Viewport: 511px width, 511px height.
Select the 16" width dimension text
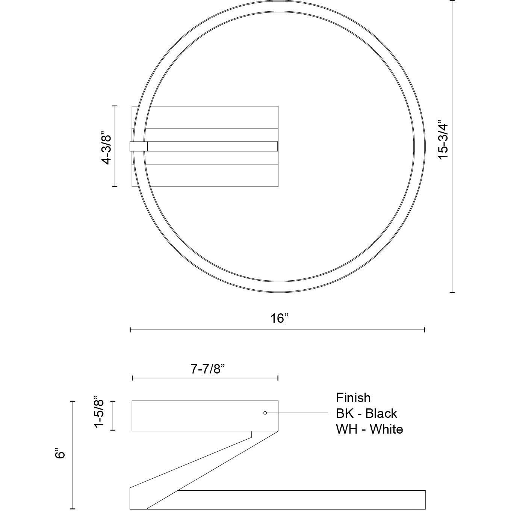click(280, 318)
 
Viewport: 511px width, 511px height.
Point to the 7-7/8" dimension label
click(207, 369)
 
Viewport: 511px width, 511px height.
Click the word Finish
click(353, 398)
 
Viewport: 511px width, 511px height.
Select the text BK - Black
click(366, 413)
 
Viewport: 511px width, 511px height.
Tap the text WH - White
click(369, 429)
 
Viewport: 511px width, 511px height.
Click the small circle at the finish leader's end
click(265, 413)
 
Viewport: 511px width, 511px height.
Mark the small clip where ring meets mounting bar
click(138, 146)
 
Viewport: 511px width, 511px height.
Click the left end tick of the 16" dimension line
click(130, 330)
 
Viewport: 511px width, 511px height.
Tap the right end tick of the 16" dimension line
click(425, 330)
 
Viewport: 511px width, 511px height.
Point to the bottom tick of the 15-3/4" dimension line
click(452, 292)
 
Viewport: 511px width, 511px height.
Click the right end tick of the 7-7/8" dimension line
click(278, 378)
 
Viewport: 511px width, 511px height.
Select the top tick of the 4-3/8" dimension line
click(115, 106)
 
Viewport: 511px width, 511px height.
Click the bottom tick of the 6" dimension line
click(73, 508)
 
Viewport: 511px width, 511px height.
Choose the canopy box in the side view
click(205, 416)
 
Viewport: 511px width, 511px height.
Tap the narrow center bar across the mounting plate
click(212, 146)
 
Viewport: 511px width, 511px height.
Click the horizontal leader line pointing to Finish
click(297, 413)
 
